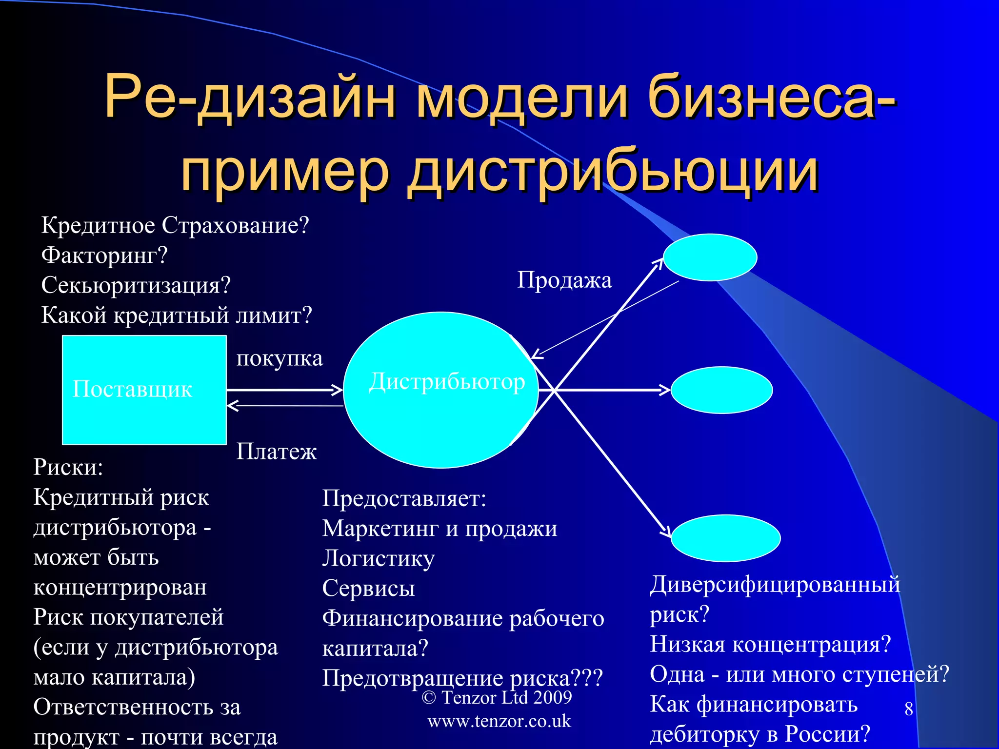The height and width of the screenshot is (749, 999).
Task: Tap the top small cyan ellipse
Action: (x=710, y=257)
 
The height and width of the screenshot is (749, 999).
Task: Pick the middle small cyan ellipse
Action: (x=721, y=390)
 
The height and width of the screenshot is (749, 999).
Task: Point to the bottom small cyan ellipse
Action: (x=725, y=538)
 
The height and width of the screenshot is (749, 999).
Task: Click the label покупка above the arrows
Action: (x=280, y=358)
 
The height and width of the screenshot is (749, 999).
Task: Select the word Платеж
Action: (x=276, y=452)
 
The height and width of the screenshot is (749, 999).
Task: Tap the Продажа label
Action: (x=564, y=280)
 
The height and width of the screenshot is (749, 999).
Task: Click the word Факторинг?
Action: (x=104, y=255)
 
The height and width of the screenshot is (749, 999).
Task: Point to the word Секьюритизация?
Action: (x=136, y=285)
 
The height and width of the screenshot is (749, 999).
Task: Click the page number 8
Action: (x=908, y=709)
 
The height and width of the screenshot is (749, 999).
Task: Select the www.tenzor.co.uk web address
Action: (x=499, y=721)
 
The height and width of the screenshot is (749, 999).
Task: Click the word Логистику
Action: (x=378, y=559)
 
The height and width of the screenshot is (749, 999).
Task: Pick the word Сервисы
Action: (x=368, y=588)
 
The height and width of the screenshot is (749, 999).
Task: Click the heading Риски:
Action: (x=68, y=467)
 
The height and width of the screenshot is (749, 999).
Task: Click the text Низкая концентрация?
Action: (x=770, y=644)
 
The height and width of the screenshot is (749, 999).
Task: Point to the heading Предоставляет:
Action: (x=404, y=499)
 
